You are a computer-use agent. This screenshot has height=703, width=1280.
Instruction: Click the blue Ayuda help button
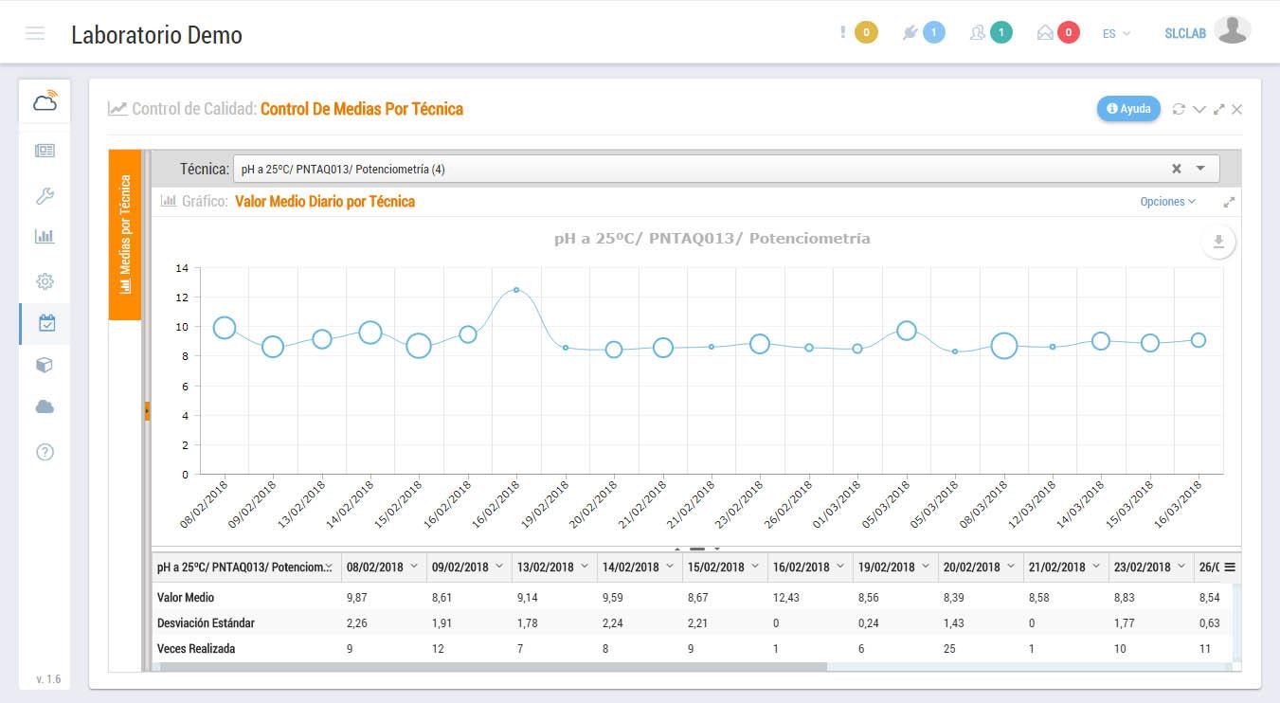click(x=1128, y=109)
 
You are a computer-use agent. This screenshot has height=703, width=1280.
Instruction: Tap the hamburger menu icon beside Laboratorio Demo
click(x=35, y=34)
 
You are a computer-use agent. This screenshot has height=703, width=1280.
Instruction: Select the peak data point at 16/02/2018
click(x=516, y=290)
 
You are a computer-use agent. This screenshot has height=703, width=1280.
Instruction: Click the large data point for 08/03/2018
click(x=1004, y=346)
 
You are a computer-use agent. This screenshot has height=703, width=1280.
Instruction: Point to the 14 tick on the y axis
click(x=182, y=268)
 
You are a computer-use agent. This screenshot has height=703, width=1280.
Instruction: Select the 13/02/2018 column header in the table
click(x=546, y=568)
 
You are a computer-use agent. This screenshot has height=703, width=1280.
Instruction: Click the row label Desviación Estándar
click(x=206, y=623)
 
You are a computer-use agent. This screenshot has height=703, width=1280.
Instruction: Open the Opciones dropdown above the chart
click(x=1167, y=202)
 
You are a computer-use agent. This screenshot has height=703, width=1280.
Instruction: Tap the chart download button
click(x=1218, y=243)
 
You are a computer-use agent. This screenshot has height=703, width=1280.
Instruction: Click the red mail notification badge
click(x=1068, y=33)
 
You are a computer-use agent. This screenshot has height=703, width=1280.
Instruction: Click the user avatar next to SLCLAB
click(x=1232, y=30)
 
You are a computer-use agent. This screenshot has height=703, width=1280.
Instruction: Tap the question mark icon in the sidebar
click(x=45, y=452)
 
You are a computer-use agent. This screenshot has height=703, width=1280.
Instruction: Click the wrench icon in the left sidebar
click(x=45, y=196)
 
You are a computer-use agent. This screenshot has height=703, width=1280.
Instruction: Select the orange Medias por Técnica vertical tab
click(x=125, y=235)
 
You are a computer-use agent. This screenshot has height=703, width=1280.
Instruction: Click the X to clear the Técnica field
click(x=1177, y=169)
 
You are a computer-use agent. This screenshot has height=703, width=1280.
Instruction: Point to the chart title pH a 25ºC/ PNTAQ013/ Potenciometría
click(x=712, y=239)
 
